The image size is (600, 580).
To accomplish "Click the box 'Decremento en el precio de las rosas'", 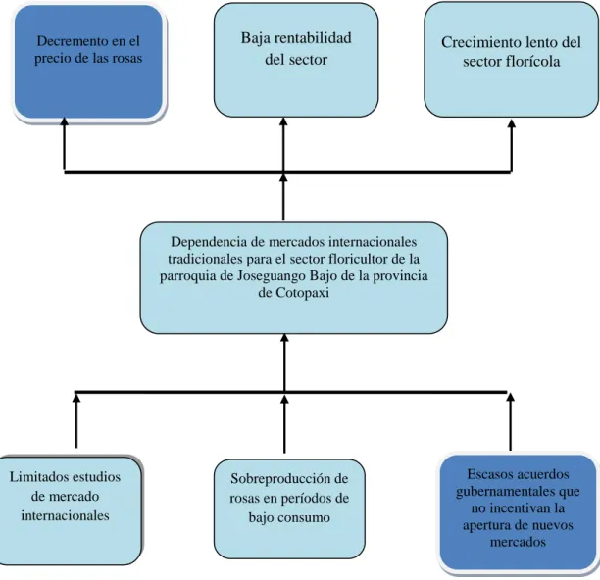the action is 89,62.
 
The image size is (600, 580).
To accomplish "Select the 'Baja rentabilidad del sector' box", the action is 296,60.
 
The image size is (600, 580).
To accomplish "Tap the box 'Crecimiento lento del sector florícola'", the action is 511,60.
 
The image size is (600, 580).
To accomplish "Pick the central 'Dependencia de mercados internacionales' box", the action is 294,278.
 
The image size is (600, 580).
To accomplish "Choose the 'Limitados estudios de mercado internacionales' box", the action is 70,511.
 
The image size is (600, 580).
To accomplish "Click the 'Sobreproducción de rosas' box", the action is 289,508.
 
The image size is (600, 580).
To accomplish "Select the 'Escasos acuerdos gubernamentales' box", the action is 518,512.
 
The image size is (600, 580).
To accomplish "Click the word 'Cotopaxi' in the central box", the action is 303,293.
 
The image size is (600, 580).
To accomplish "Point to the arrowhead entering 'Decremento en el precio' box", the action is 65,121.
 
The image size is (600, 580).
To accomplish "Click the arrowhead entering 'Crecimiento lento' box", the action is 512,123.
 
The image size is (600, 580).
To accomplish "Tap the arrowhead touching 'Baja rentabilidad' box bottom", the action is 283,121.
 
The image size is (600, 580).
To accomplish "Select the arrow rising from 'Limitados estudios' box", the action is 76,421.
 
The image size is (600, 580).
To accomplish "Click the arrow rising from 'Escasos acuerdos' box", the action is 511,421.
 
